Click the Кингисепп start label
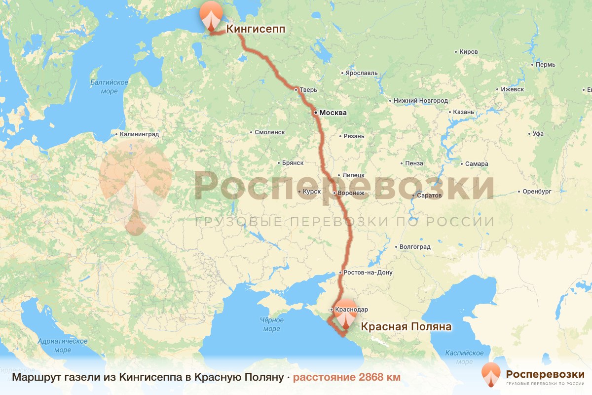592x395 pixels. (x=256, y=30)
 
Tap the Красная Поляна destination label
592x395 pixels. (x=406, y=327)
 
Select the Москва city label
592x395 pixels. (x=333, y=113)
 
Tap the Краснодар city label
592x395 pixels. (x=351, y=310)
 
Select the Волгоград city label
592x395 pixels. (x=414, y=246)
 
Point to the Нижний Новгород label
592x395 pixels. (x=420, y=101)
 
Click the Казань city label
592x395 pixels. (x=463, y=112)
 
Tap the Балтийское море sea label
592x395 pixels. (x=109, y=86)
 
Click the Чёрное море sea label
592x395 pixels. (x=271, y=324)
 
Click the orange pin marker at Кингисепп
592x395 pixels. (x=211, y=16)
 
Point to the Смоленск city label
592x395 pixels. (x=270, y=132)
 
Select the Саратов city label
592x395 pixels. (x=429, y=196)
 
